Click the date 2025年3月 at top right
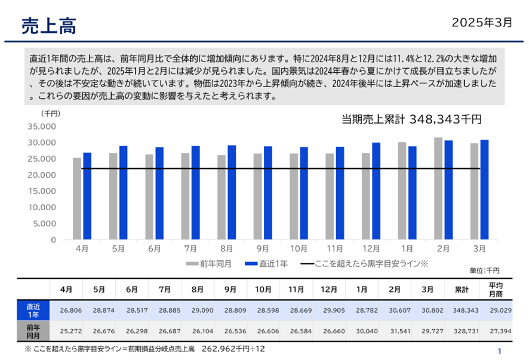[482, 23]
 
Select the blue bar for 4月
[87, 196]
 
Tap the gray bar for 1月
[402, 191]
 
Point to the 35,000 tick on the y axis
[41, 127]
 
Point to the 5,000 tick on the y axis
[44, 224]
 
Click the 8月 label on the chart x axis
[226, 248]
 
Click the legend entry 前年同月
[213, 263]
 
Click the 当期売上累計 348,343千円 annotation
[411, 119]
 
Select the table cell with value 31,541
[395, 331]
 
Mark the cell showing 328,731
[461, 331]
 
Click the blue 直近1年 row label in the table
[33, 310]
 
